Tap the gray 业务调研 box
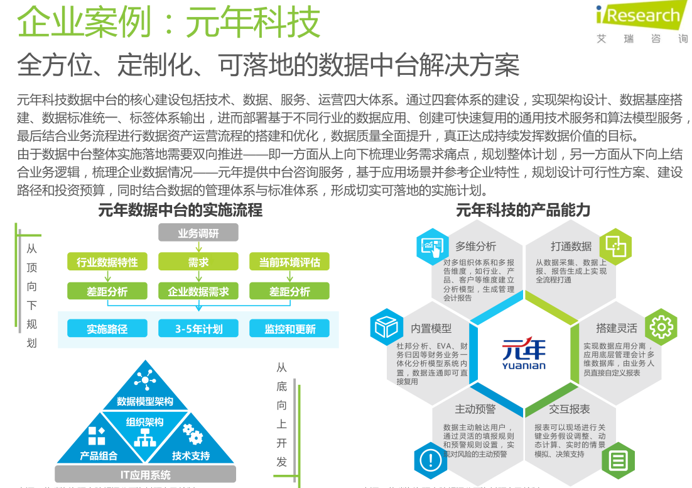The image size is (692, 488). tap(198, 233)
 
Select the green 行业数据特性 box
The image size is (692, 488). tap(107, 262)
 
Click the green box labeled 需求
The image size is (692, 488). tap(198, 262)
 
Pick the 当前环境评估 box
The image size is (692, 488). tap(289, 262)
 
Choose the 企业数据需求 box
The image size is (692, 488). tap(198, 291)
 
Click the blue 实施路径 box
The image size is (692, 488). tap(107, 328)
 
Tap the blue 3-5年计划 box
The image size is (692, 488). tap(198, 328)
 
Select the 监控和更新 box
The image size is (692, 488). tap(289, 328)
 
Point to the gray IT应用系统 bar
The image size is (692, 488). tap(145, 474)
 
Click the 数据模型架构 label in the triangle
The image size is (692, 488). tap(145, 401)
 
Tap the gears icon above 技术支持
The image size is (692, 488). tap(192, 433)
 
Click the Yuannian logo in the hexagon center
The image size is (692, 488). tap(524, 354)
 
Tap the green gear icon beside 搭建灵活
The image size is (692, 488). tap(661, 326)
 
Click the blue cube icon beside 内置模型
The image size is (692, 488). tap(386, 327)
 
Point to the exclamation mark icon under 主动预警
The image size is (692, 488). tap(431, 461)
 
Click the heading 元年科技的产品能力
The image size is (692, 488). tap(523, 210)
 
